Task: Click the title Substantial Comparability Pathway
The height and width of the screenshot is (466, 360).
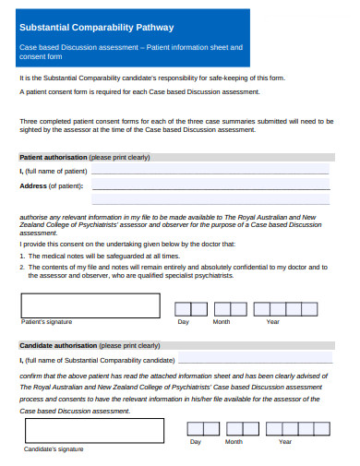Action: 97,28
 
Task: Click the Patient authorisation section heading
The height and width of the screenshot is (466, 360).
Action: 54,157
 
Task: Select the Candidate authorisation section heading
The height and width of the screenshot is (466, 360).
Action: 58,346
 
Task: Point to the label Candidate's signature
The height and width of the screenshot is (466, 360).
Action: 52,449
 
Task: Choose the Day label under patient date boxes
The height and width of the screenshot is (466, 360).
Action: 184,322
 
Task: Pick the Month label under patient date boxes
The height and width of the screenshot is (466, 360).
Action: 222,322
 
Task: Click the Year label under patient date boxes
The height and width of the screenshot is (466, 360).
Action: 273,322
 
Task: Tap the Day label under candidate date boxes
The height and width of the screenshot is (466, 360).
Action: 196,443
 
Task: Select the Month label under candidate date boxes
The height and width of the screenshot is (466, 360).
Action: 234,443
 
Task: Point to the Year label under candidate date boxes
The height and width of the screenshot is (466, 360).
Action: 285,443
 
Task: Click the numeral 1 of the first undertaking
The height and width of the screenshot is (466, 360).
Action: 21,255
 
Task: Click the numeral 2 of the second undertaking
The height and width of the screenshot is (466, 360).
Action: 21,267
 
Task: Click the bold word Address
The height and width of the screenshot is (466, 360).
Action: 33,186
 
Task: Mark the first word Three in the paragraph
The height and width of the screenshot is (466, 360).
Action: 29,121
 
